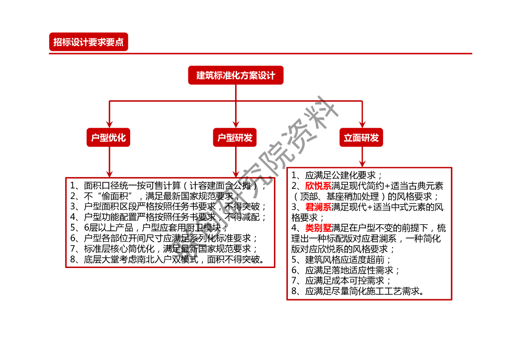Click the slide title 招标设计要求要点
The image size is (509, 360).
coord(88,42)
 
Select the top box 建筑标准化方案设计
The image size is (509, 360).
coord(236,76)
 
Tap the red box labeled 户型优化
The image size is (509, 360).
coord(108,138)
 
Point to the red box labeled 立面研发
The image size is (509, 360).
coord(361,138)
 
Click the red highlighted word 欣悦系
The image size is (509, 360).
coord(318,186)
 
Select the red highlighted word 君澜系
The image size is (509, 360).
coord(318,207)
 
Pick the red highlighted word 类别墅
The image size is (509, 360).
coord(318,228)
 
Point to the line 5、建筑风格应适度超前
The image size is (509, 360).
coord(341,260)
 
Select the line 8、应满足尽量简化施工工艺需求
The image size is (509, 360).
coord(358,291)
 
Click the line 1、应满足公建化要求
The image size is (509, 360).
coord(337,175)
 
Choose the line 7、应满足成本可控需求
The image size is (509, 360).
coord(341,281)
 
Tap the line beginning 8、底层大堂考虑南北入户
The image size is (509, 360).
coord(167,260)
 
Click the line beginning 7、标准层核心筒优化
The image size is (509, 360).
coord(164,249)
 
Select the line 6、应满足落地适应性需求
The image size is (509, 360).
coord(345,270)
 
